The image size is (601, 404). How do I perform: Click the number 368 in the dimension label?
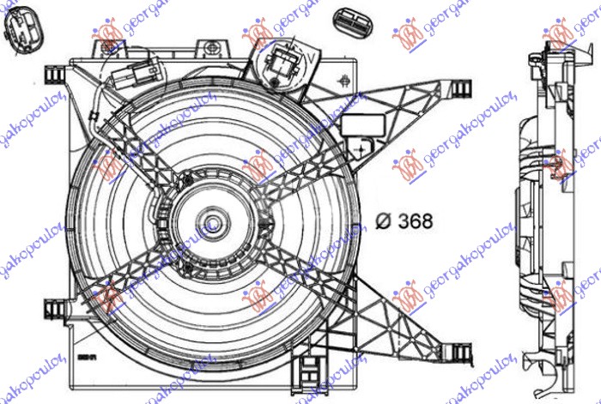tap(415, 220)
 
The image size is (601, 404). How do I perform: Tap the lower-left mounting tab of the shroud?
tap(53, 307)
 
